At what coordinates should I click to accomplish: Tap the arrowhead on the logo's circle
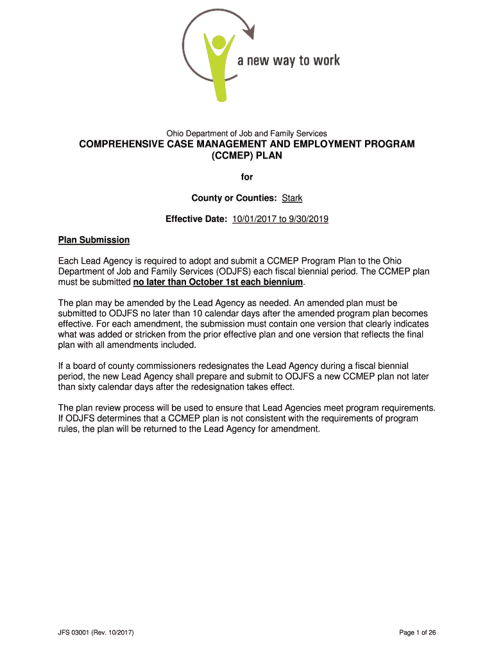pos(249,30)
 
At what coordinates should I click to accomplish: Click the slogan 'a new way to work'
pos(288,61)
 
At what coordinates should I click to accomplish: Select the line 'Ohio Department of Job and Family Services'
pos(247,133)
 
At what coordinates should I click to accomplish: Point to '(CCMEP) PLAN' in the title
pos(247,156)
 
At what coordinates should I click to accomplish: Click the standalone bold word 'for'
pos(247,177)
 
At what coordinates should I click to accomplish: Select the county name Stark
pos(292,198)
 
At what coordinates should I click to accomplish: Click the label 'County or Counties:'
pos(235,198)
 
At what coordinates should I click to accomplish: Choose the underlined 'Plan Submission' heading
pos(94,240)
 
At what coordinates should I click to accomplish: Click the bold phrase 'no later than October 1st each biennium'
pos(218,282)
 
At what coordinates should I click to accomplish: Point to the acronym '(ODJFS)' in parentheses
pos(222,271)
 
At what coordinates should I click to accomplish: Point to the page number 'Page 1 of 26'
pos(417,633)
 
